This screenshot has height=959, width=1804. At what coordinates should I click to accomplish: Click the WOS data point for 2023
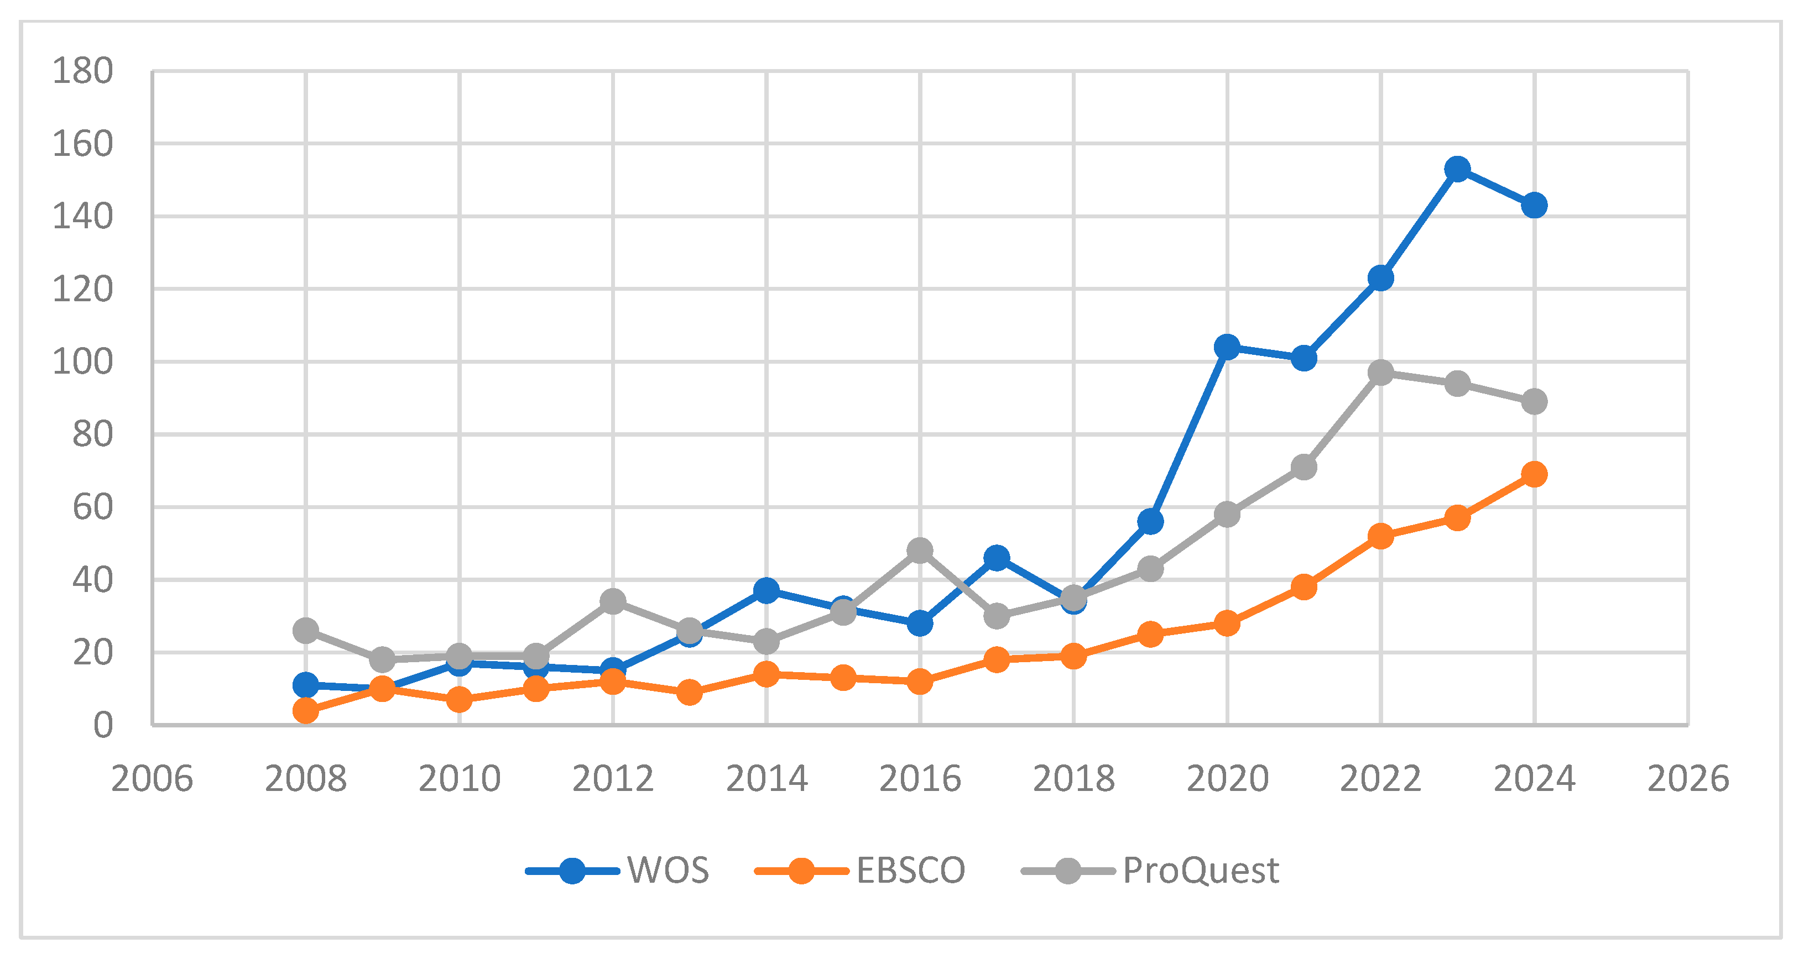point(1457,169)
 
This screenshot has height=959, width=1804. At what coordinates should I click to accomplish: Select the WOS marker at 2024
point(1534,206)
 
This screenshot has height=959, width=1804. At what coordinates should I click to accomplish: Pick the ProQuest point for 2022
point(1380,373)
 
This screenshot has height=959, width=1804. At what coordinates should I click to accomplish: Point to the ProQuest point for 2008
point(306,631)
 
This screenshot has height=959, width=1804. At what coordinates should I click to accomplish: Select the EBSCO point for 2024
point(1534,475)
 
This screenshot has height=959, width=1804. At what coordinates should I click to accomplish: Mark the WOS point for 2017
point(997,558)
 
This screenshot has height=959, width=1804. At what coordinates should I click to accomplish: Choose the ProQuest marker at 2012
point(613,601)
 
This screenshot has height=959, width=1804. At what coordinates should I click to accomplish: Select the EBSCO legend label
point(910,871)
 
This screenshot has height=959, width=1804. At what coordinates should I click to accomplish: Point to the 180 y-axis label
point(82,71)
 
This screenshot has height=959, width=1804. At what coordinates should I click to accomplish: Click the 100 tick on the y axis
point(82,362)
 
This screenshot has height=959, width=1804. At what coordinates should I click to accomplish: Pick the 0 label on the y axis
point(103,726)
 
